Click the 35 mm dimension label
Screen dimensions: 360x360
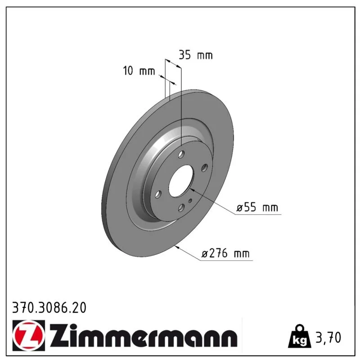(196, 55)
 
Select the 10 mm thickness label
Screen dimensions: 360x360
(139, 71)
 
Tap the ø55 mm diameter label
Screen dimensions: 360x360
(257, 207)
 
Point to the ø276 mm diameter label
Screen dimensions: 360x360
(225, 253)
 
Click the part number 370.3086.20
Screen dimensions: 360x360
(49, 308)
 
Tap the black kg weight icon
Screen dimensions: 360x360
(300, 336)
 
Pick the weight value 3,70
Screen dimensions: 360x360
(328, 337)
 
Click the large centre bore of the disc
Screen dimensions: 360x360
(181, 181)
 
